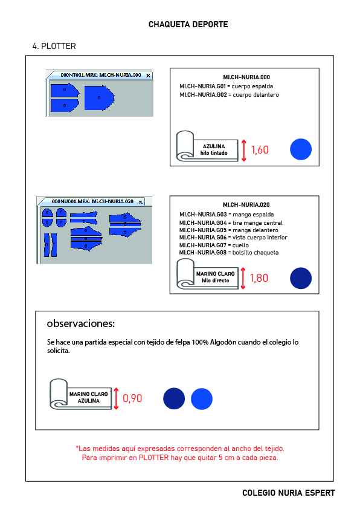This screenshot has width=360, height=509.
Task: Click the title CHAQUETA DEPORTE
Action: (x=188, y=24)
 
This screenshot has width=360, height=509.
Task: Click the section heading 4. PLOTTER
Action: (x=54, y=46)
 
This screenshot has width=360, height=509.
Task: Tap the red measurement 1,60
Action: (x=260, y=150)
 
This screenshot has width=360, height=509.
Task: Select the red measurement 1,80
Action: (x=259, y=278)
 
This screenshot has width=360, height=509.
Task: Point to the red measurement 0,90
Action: (x=132, y=398)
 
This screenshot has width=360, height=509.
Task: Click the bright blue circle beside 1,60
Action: (x=301, y=149)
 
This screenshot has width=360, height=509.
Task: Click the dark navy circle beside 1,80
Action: (x=301, y=278)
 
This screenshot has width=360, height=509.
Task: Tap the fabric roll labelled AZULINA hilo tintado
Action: (x=207, y=147)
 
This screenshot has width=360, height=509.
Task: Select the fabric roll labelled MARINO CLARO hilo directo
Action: (x=208, y=274)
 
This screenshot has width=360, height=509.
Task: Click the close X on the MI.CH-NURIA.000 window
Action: (x=148, y=76)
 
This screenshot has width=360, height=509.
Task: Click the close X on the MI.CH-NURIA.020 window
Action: (x=140, y=202)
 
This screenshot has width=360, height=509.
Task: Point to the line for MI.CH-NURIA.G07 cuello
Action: (x=214, y=245)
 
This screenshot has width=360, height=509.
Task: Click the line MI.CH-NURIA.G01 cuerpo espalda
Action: (x=227, y=86)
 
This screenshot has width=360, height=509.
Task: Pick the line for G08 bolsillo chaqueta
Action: (x=229, y=253)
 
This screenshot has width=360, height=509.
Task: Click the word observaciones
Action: (x=80, y=323)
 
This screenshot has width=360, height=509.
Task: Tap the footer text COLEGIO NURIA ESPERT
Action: (x=289, y=493)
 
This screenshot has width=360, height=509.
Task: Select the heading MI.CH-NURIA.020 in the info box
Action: (x=246, y=205)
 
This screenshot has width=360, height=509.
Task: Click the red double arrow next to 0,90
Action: (x=116, y=398)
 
